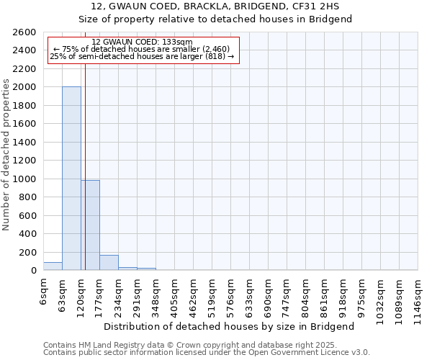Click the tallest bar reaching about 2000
click(71, 179)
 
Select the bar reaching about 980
click(91, 225)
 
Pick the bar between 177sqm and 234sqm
click(109, 263)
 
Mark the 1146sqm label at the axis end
click(418, 296)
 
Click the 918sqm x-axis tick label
click(343, 294)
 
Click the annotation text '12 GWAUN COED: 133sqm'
click(143, 42)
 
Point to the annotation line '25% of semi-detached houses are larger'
click(142, 56)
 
